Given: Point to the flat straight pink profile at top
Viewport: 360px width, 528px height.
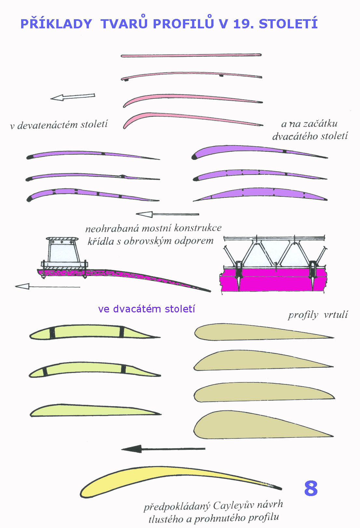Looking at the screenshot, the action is (x=191, y=56).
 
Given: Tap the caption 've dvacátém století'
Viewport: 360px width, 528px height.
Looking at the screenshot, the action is (x=146, y=309).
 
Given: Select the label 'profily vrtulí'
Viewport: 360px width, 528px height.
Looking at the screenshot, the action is (x=318, y=315).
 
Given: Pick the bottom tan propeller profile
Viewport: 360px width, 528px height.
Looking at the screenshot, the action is (x=261, y=425).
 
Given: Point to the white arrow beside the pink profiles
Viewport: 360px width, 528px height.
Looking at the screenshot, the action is (x=73, y=97).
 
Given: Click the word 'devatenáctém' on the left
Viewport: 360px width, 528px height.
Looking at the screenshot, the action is (x=48, y=125).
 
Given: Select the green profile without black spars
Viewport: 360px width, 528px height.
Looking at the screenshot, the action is (x=95, y=410).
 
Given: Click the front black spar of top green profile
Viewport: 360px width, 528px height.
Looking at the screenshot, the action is (x=52, y=333).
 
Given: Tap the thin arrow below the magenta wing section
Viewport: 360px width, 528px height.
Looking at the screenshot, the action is (x=48, y=287).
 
